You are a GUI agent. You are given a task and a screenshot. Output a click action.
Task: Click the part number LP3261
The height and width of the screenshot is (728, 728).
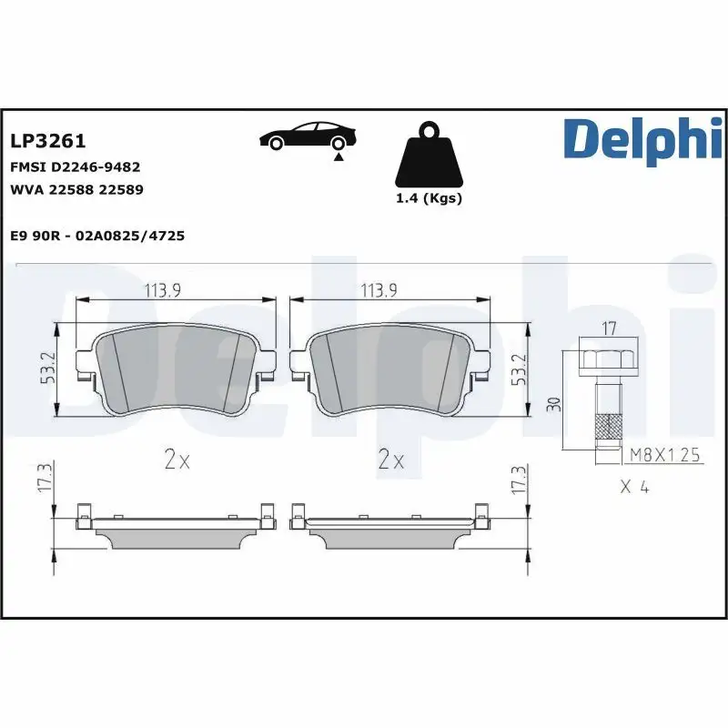point(47,141)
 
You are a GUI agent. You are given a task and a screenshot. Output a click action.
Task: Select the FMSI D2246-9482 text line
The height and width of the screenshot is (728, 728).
point(75,167)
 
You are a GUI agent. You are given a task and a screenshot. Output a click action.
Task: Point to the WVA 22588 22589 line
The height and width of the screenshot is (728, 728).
point(76,189)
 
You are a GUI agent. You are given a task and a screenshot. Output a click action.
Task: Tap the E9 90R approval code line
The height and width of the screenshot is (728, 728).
point(97,236)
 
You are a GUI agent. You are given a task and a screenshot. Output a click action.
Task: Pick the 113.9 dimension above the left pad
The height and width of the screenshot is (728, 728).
point(164,290)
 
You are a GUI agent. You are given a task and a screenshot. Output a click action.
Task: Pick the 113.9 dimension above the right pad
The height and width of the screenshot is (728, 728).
point(381,290)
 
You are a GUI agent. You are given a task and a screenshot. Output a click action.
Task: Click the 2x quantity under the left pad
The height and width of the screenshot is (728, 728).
point(177,460)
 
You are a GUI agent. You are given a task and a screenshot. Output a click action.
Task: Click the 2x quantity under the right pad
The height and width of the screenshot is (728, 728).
point(390,460)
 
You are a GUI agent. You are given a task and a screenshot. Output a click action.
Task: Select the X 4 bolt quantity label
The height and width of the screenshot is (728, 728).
point(633,487)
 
